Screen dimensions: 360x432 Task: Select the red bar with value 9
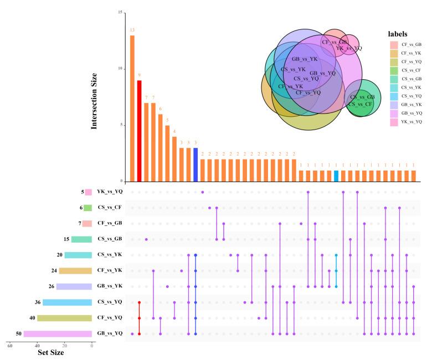[x=139, y=131]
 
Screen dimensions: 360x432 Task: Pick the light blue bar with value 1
[x=336, y=176]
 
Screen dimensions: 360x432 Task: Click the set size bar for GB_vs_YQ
[x=58, y=334]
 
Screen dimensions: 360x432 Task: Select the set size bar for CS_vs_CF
[x=88, y=208]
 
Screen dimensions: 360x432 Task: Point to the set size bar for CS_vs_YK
[x=78, y=255]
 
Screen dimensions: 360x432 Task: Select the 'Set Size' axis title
[x=50, y=352]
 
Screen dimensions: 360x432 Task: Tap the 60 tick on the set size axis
[x=10, y=346]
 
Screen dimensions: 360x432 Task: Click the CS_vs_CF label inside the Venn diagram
[x=361, y=104]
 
